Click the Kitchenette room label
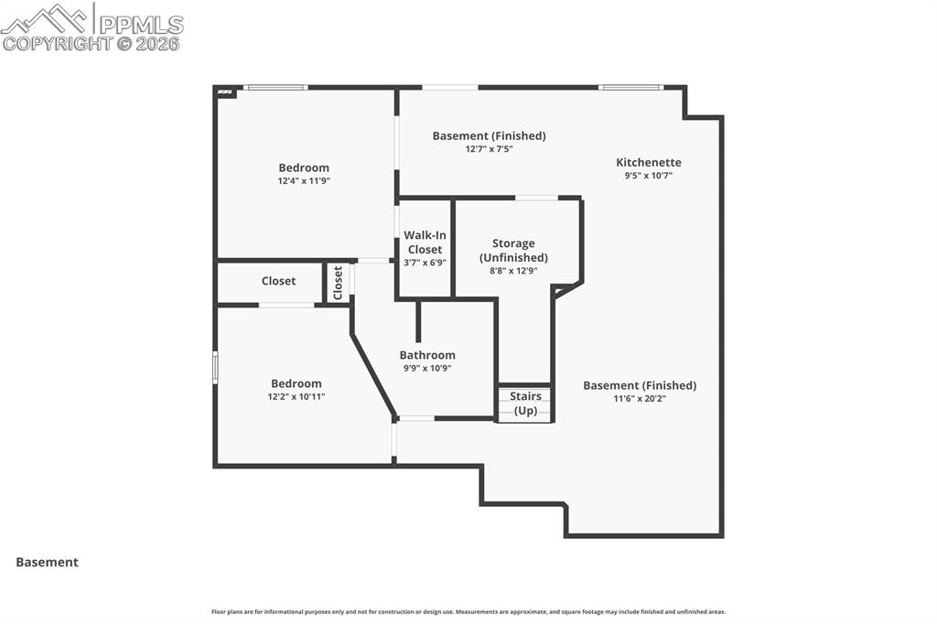(648, 162)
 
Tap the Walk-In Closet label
(425, 242)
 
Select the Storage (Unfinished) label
(513, 250)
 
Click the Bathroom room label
(427, 355)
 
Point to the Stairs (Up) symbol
(525, 403)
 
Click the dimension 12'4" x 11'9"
(304, 181)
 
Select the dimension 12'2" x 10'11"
(296, 397)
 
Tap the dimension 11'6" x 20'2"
(640, 399)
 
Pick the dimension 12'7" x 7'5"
(489, 149)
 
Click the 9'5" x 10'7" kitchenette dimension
(648, 176)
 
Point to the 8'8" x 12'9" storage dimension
(513, 271)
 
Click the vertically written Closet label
(338, 282)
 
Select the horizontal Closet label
(278, 281)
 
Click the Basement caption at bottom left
(47, 563)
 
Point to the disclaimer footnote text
(468, 612)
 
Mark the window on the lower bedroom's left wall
(216, 367)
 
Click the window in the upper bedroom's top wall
(275, 88)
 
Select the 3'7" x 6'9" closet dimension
(425, 263)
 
